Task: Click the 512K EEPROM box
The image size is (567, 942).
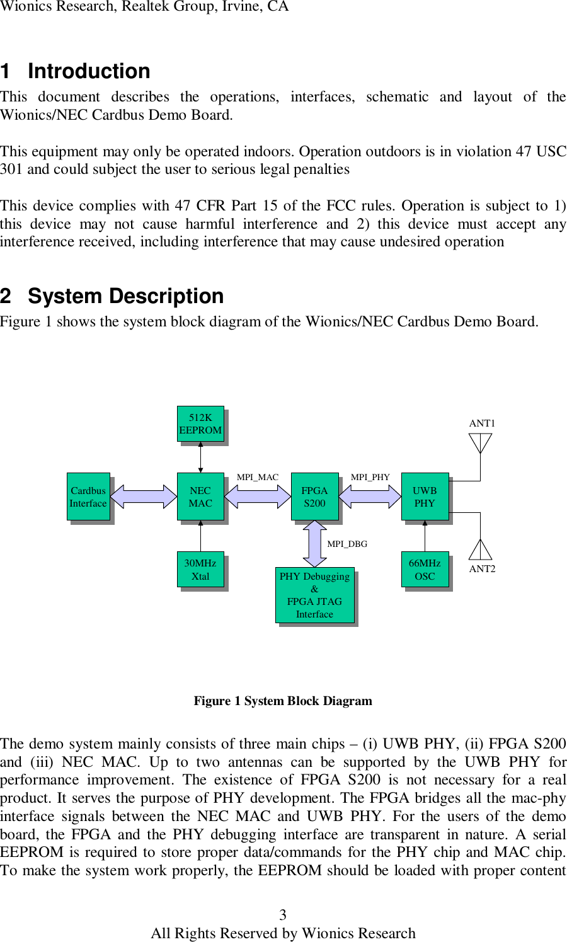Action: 200,423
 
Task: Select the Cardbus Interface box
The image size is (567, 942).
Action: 88,497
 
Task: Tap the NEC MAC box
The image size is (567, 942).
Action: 200,497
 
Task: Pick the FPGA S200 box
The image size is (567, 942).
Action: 314,497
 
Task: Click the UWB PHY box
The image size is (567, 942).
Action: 425,497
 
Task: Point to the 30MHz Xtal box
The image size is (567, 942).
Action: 200,570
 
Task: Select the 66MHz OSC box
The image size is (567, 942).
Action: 425,570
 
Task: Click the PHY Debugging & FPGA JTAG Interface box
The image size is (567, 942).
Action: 314,595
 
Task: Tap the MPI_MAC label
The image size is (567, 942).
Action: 257,477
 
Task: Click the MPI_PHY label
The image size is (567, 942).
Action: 370,477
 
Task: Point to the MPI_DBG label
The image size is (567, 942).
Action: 347,544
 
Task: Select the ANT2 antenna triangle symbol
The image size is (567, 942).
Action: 480,549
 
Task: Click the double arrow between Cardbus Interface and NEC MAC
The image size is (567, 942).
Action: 144,497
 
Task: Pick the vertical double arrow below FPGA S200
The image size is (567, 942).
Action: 314,544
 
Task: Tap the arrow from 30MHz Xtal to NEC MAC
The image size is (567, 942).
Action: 200,536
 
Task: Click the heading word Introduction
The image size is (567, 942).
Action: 89,71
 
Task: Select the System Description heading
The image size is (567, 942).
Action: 125,296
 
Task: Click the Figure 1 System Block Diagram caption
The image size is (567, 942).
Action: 283,701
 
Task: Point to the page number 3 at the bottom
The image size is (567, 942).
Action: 283,915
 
